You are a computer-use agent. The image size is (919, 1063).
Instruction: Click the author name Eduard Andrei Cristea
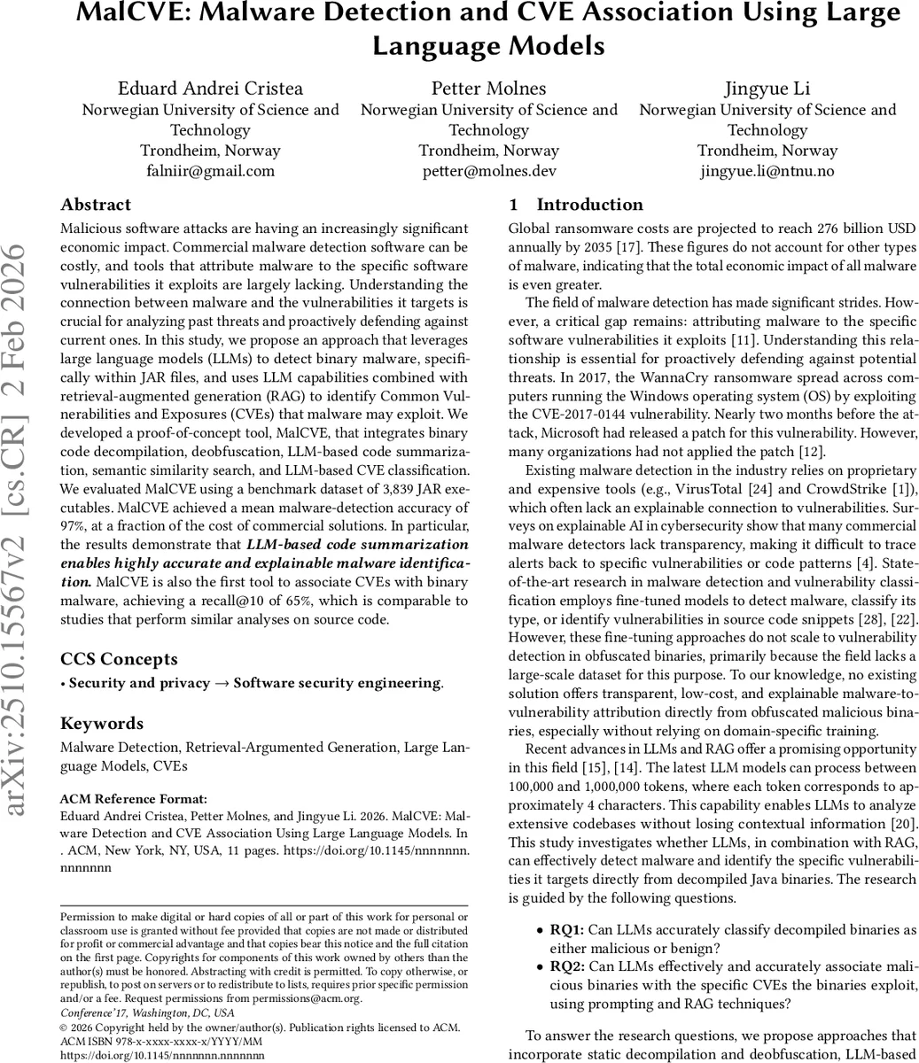point(210,88)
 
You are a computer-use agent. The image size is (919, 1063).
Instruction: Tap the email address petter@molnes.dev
point(488,171)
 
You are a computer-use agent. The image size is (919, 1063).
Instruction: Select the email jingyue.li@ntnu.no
point(767,171)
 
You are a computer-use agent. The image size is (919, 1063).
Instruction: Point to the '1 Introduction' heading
point(578,205)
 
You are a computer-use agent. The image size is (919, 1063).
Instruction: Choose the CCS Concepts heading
point(119,658)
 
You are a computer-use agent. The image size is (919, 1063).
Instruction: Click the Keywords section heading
point(101,723)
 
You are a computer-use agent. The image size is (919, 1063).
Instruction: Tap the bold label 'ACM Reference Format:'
point(133,798)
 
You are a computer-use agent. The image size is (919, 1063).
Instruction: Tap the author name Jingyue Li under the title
point(767,88)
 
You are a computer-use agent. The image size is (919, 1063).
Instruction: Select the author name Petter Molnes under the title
point(488,88)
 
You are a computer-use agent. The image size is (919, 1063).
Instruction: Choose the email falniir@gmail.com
point(210,171)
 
